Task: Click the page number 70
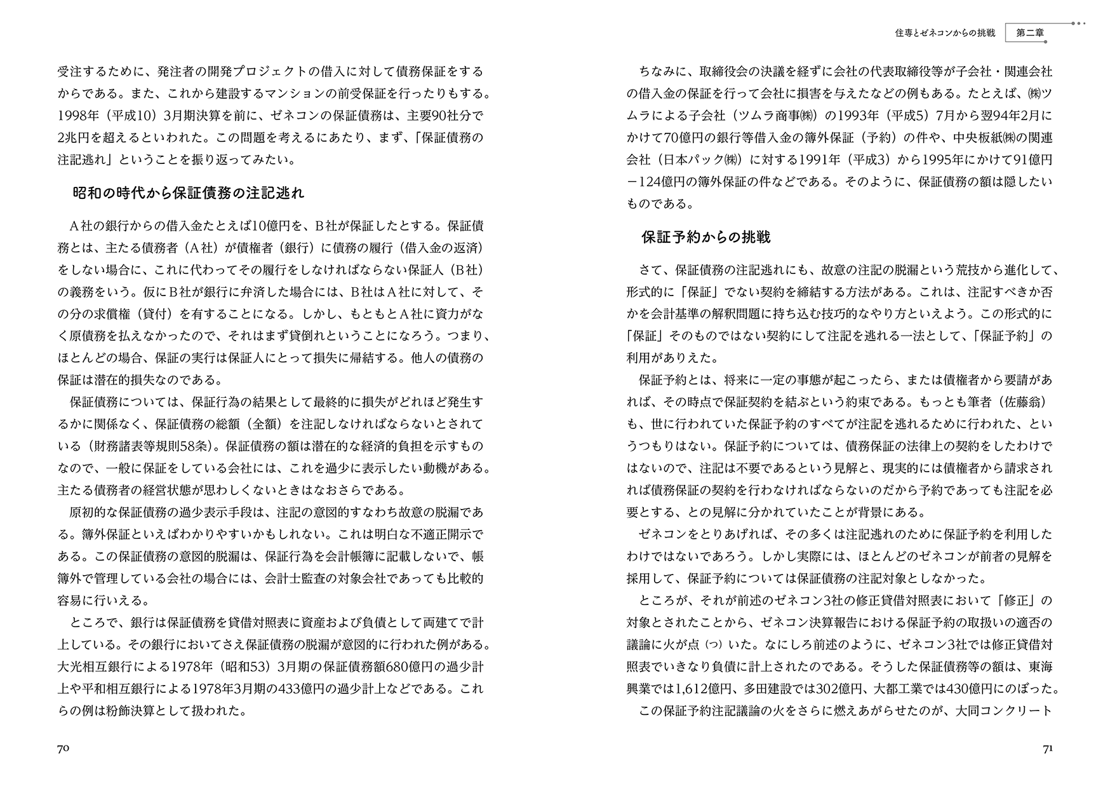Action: pyautogui.click(x=64, y=749)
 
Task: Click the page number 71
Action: pyautogui.click(x=1048, y=749)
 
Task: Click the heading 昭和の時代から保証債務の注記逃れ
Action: pyautogui.click(x=189, y=193)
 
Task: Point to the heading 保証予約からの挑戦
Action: pyautogui.click(x=706, y=238)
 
